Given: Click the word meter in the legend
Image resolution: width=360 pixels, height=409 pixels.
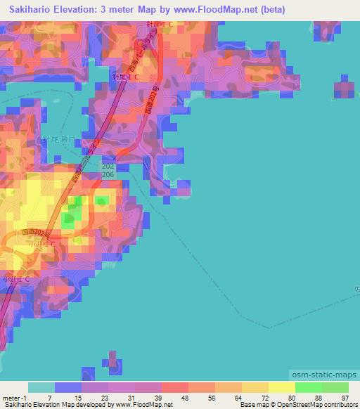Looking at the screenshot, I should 11,398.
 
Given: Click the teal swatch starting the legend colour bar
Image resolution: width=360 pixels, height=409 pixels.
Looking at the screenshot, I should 41,387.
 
